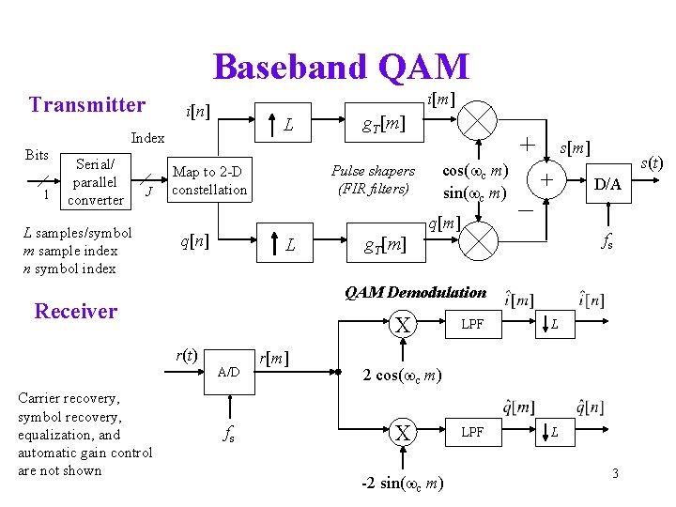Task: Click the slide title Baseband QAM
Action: (340, 67)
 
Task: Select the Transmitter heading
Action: (87, 104)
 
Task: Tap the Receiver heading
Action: (75, 311)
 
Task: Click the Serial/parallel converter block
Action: (97, 182)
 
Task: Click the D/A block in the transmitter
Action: (607, 184)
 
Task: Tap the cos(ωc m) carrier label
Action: (475, 171)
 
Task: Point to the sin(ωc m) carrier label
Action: (475, 193)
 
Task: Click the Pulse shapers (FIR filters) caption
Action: (373, 179)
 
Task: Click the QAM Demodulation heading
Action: (415, 292)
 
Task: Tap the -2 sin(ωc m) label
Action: (404, 483)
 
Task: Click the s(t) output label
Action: (651, 163)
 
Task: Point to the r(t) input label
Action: (186, 355)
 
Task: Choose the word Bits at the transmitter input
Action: (37, 155)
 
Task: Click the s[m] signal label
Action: (575, 148)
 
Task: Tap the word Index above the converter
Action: (147, 138)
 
